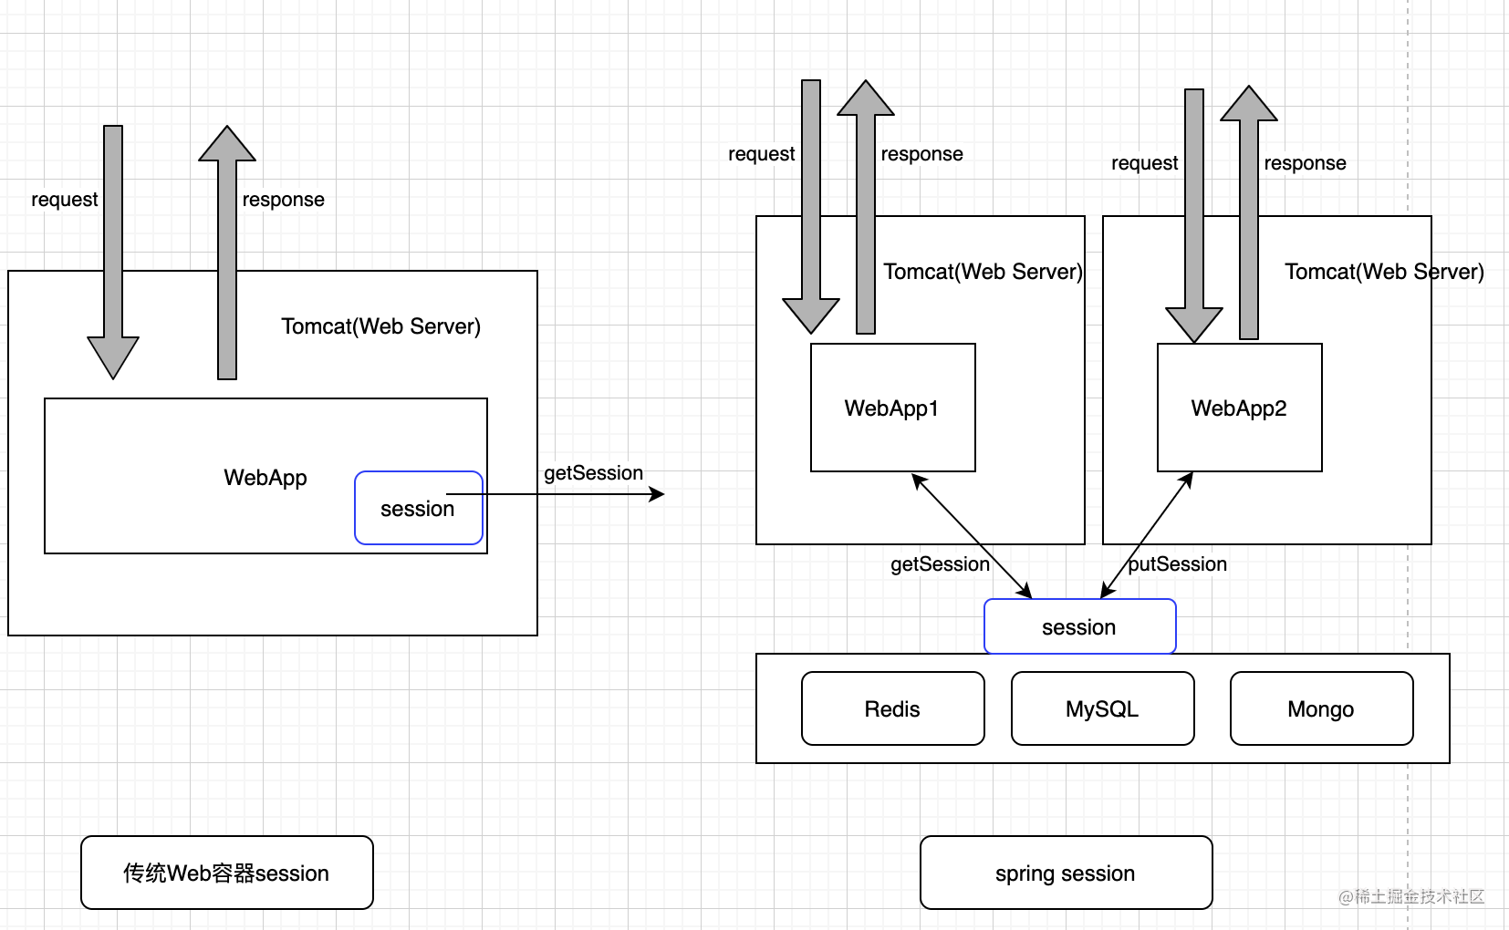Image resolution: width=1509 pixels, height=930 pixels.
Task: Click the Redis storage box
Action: click(892, 708)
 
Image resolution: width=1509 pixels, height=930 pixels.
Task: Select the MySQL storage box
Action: click(1102, 708)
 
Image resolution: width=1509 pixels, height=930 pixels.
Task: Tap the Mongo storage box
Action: click(1321, 708)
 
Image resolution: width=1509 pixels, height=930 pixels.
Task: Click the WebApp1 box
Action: click(892, 408)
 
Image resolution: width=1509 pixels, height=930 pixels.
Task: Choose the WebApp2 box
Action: click(1239, 408)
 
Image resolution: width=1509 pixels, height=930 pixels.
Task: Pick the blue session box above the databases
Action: click(1079, 626)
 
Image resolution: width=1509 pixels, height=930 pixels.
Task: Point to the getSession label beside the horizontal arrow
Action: click(593, 473)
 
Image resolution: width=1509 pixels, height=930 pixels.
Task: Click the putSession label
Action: click(1177, 564)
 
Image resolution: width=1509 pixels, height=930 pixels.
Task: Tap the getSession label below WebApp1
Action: click(940, 564)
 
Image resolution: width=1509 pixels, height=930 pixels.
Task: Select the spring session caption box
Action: click(1066, 873)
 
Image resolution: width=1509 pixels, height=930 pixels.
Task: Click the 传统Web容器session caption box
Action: click(226, 873)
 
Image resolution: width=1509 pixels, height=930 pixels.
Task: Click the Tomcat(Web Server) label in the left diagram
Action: click(380, 326)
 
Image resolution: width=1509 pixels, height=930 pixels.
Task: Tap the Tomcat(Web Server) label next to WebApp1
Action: click(983, 272)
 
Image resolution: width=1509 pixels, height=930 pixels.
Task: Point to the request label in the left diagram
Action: click(64, 200)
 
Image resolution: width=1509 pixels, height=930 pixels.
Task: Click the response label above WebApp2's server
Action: click(1305, 163)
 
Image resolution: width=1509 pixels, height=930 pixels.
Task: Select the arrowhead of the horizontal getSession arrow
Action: click(657, 494)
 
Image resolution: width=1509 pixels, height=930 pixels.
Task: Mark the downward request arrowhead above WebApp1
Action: click(811, 315)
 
